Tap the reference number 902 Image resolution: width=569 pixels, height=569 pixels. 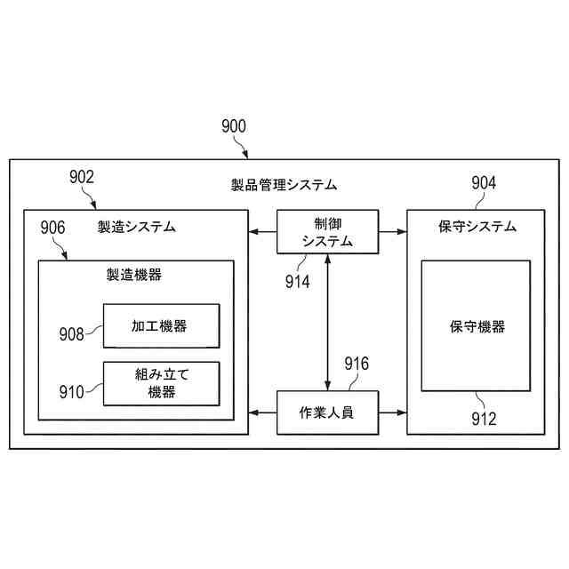pos(81,177)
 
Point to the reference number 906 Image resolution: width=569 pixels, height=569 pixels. pos(52,228)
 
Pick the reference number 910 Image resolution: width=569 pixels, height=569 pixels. pos(72,389)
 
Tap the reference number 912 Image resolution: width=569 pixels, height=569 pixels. pos(484,419)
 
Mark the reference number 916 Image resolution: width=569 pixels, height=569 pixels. pos(356,364)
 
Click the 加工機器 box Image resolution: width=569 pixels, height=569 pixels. pos(160,326)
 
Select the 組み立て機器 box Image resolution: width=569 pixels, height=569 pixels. pos(160,383)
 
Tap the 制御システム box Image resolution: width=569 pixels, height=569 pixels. pos(327,232)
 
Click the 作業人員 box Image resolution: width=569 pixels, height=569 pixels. pos(327,413)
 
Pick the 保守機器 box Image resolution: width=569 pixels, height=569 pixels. pos(476,326)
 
